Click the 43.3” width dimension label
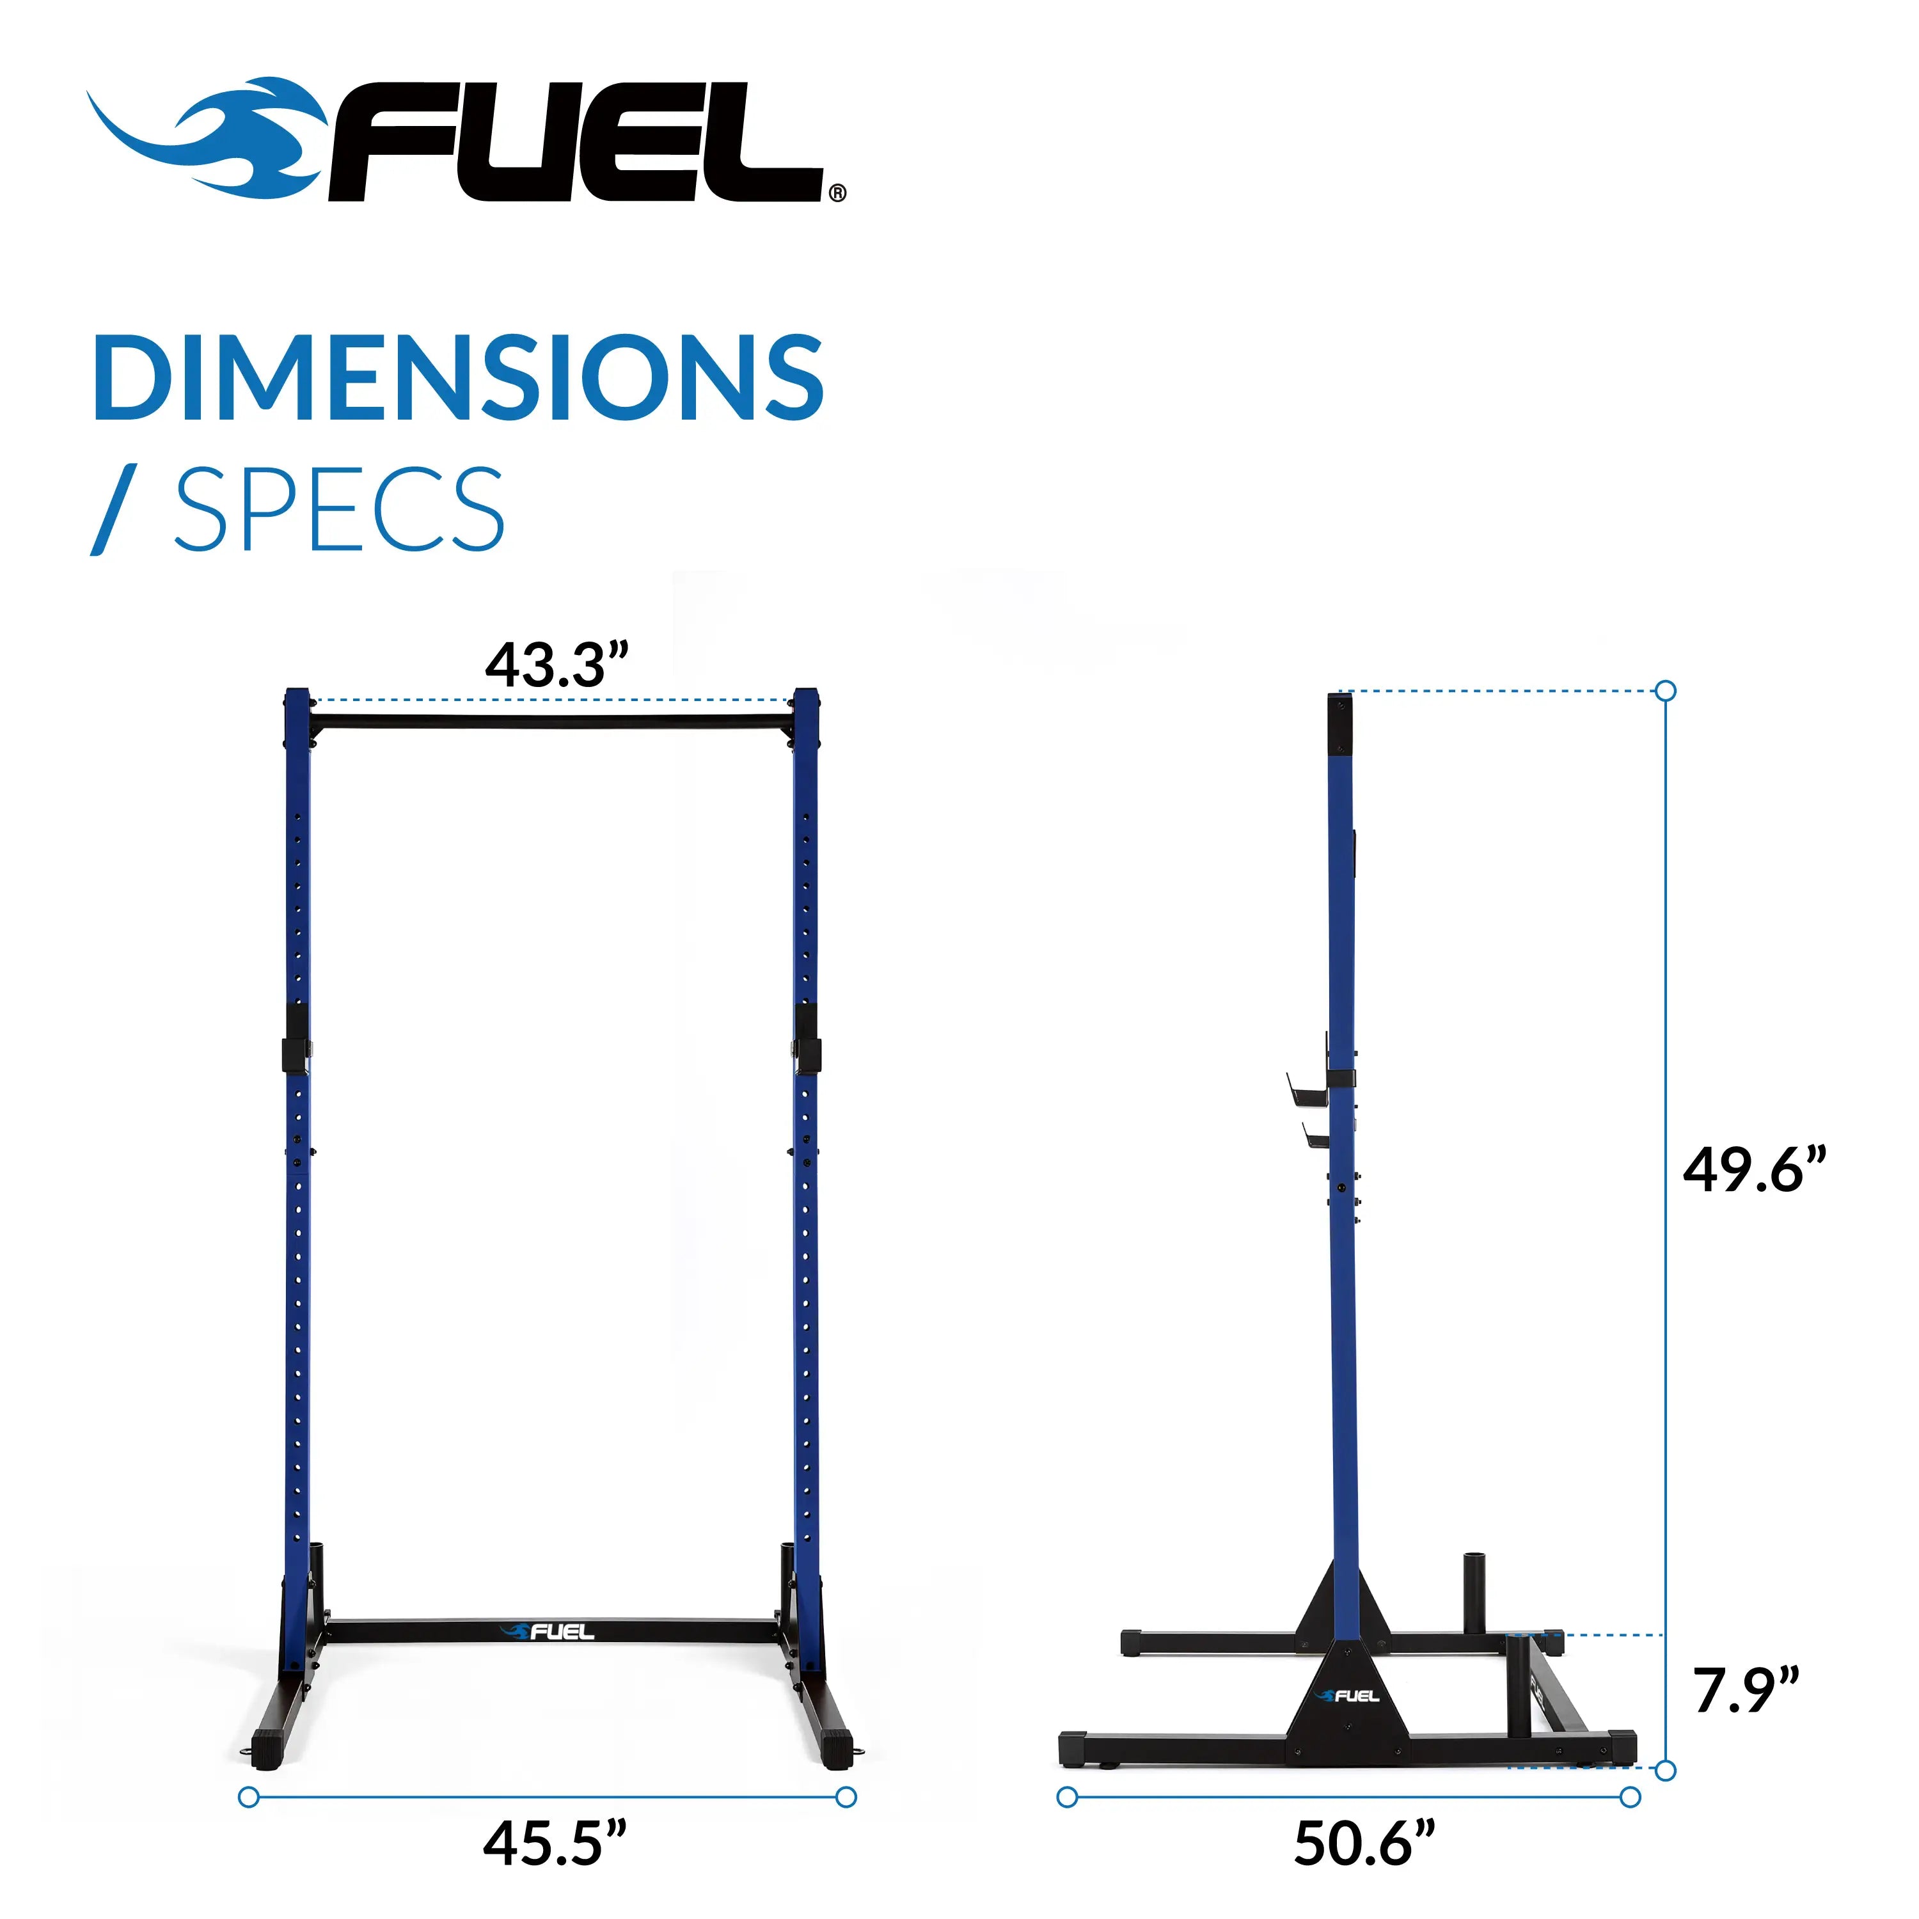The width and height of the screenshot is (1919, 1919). [x=557, y=665]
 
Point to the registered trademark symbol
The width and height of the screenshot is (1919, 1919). [x=837, y=193]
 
